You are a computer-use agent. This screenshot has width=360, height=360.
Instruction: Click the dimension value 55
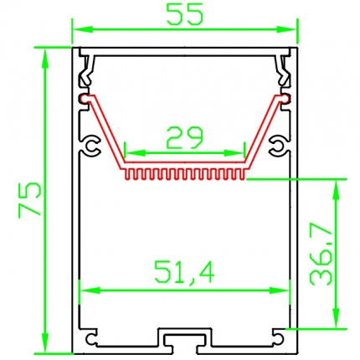click(183, 15)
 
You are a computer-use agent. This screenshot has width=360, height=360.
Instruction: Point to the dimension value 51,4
click(183, 272)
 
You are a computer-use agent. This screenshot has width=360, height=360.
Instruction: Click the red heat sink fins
click(186, 175)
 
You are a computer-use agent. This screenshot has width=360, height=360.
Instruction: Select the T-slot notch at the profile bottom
click(185, 338)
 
